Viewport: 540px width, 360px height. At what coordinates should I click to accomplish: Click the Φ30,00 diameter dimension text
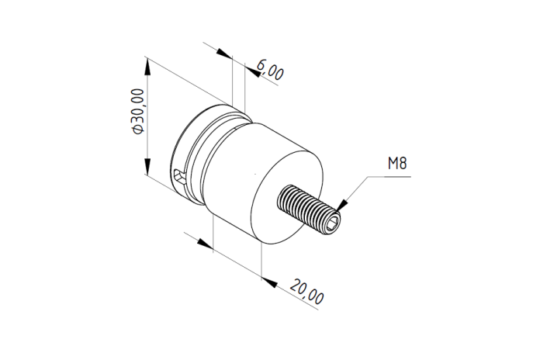pyautogui.click(x=137, y=111)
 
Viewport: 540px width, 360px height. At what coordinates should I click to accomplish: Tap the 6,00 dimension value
pyautogui.click(x=270, y=70)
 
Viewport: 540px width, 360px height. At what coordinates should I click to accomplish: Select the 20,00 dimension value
pyautogui.click(x=306, y=292)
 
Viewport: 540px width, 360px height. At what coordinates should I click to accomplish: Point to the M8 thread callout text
pyautogui.click(x=397, y=163)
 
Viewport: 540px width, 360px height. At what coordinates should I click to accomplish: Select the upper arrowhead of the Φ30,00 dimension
pyautogui.click(x=147, y=67)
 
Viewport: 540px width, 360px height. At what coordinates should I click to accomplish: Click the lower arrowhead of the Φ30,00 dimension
pyautogui.click(x=147, y=166)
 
